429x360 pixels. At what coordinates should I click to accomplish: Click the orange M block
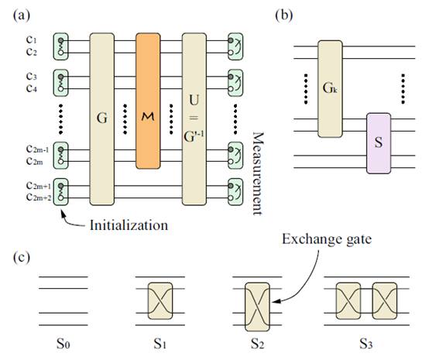tap(148, 101)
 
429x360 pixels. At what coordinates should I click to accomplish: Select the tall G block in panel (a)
tap(101, 119)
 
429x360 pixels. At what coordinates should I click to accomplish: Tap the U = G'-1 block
tap(194, 119)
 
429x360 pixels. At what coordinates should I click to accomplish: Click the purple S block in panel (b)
tap(379, 143)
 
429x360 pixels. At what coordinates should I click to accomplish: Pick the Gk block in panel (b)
tap(330, 88)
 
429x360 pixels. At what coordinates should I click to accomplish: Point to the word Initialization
tap(129, 225)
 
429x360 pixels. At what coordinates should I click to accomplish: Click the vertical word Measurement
tap(257, 173)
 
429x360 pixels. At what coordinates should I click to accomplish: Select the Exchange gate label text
tap(327, 239)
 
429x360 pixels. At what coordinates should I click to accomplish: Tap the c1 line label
tap(32, 39)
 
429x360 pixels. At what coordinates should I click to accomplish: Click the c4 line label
tap(32, 88)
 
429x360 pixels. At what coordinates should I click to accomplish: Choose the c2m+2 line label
tap(39, 197)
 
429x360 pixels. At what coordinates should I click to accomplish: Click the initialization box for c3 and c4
tap(60, 83)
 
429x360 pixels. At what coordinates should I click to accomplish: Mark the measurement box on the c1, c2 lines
tap(235, 46)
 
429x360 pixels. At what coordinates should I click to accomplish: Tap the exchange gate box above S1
tap(160, 300)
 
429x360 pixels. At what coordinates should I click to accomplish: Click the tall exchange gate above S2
tap(257, 307)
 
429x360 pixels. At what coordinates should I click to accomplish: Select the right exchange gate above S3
tap(385, 300)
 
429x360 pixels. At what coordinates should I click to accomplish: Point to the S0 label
tap(63, 343)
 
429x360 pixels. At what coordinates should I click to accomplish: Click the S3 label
tap(366, 343)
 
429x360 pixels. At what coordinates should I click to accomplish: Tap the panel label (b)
tap(283, 15)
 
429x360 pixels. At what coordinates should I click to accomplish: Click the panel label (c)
tap(22, 258)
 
